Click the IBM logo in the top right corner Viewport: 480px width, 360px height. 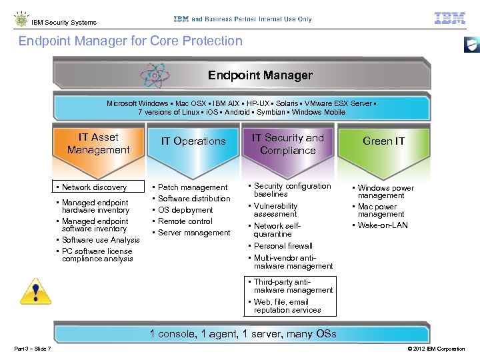coord(449,19)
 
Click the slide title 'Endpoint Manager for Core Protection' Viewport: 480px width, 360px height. coord(131,41)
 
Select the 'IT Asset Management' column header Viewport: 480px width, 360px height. coord(99,143)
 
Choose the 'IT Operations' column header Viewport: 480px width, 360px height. coord(193,141)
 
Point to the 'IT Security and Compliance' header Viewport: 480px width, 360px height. coord(287,144)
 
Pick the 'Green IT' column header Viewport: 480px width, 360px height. coord(383,141)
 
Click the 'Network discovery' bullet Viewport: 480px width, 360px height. coord(94,187)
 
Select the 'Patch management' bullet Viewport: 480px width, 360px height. coord(193,187)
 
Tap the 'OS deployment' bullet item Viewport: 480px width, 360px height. coord(185,210)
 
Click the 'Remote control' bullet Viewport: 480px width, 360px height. coord(185,221)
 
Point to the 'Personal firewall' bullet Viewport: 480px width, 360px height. coord(283,246)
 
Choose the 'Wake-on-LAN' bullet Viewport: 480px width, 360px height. coord(383,225)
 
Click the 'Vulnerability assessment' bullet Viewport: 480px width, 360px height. coord(275,210)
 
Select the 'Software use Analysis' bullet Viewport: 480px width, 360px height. coord(101,240)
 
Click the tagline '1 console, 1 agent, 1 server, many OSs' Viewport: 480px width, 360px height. coord(243,334)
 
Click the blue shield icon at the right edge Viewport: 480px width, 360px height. coord(471,45)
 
